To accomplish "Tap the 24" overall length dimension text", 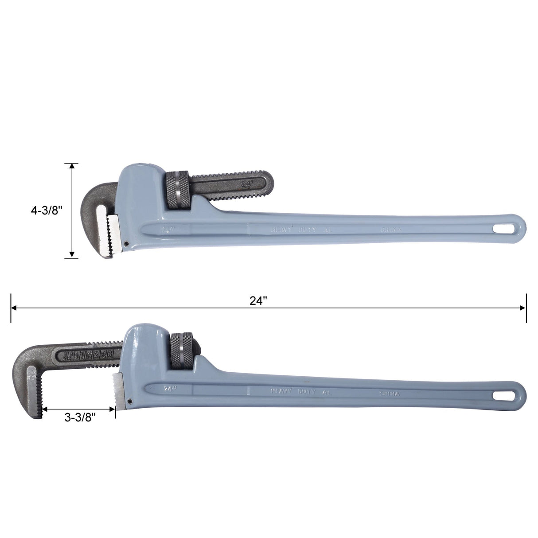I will point(258,301).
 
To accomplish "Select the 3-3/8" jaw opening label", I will point(80,417).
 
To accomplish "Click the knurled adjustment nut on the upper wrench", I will point(179,190).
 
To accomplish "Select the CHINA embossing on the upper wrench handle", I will point(391,230).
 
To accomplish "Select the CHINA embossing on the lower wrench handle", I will point(390,394).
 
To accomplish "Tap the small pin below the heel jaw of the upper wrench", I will point(126,243).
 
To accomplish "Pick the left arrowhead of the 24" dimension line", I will point(14,308).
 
